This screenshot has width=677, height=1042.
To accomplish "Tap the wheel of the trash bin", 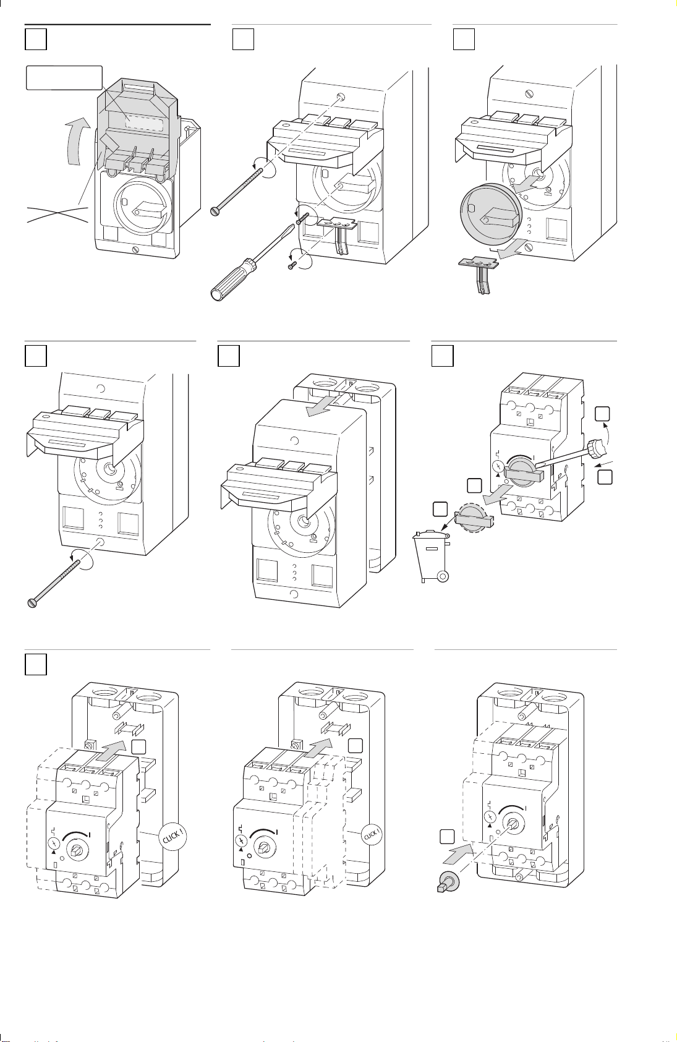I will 443,576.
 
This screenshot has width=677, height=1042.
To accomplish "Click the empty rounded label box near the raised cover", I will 64,78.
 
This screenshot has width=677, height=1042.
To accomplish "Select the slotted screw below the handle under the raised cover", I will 135,250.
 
